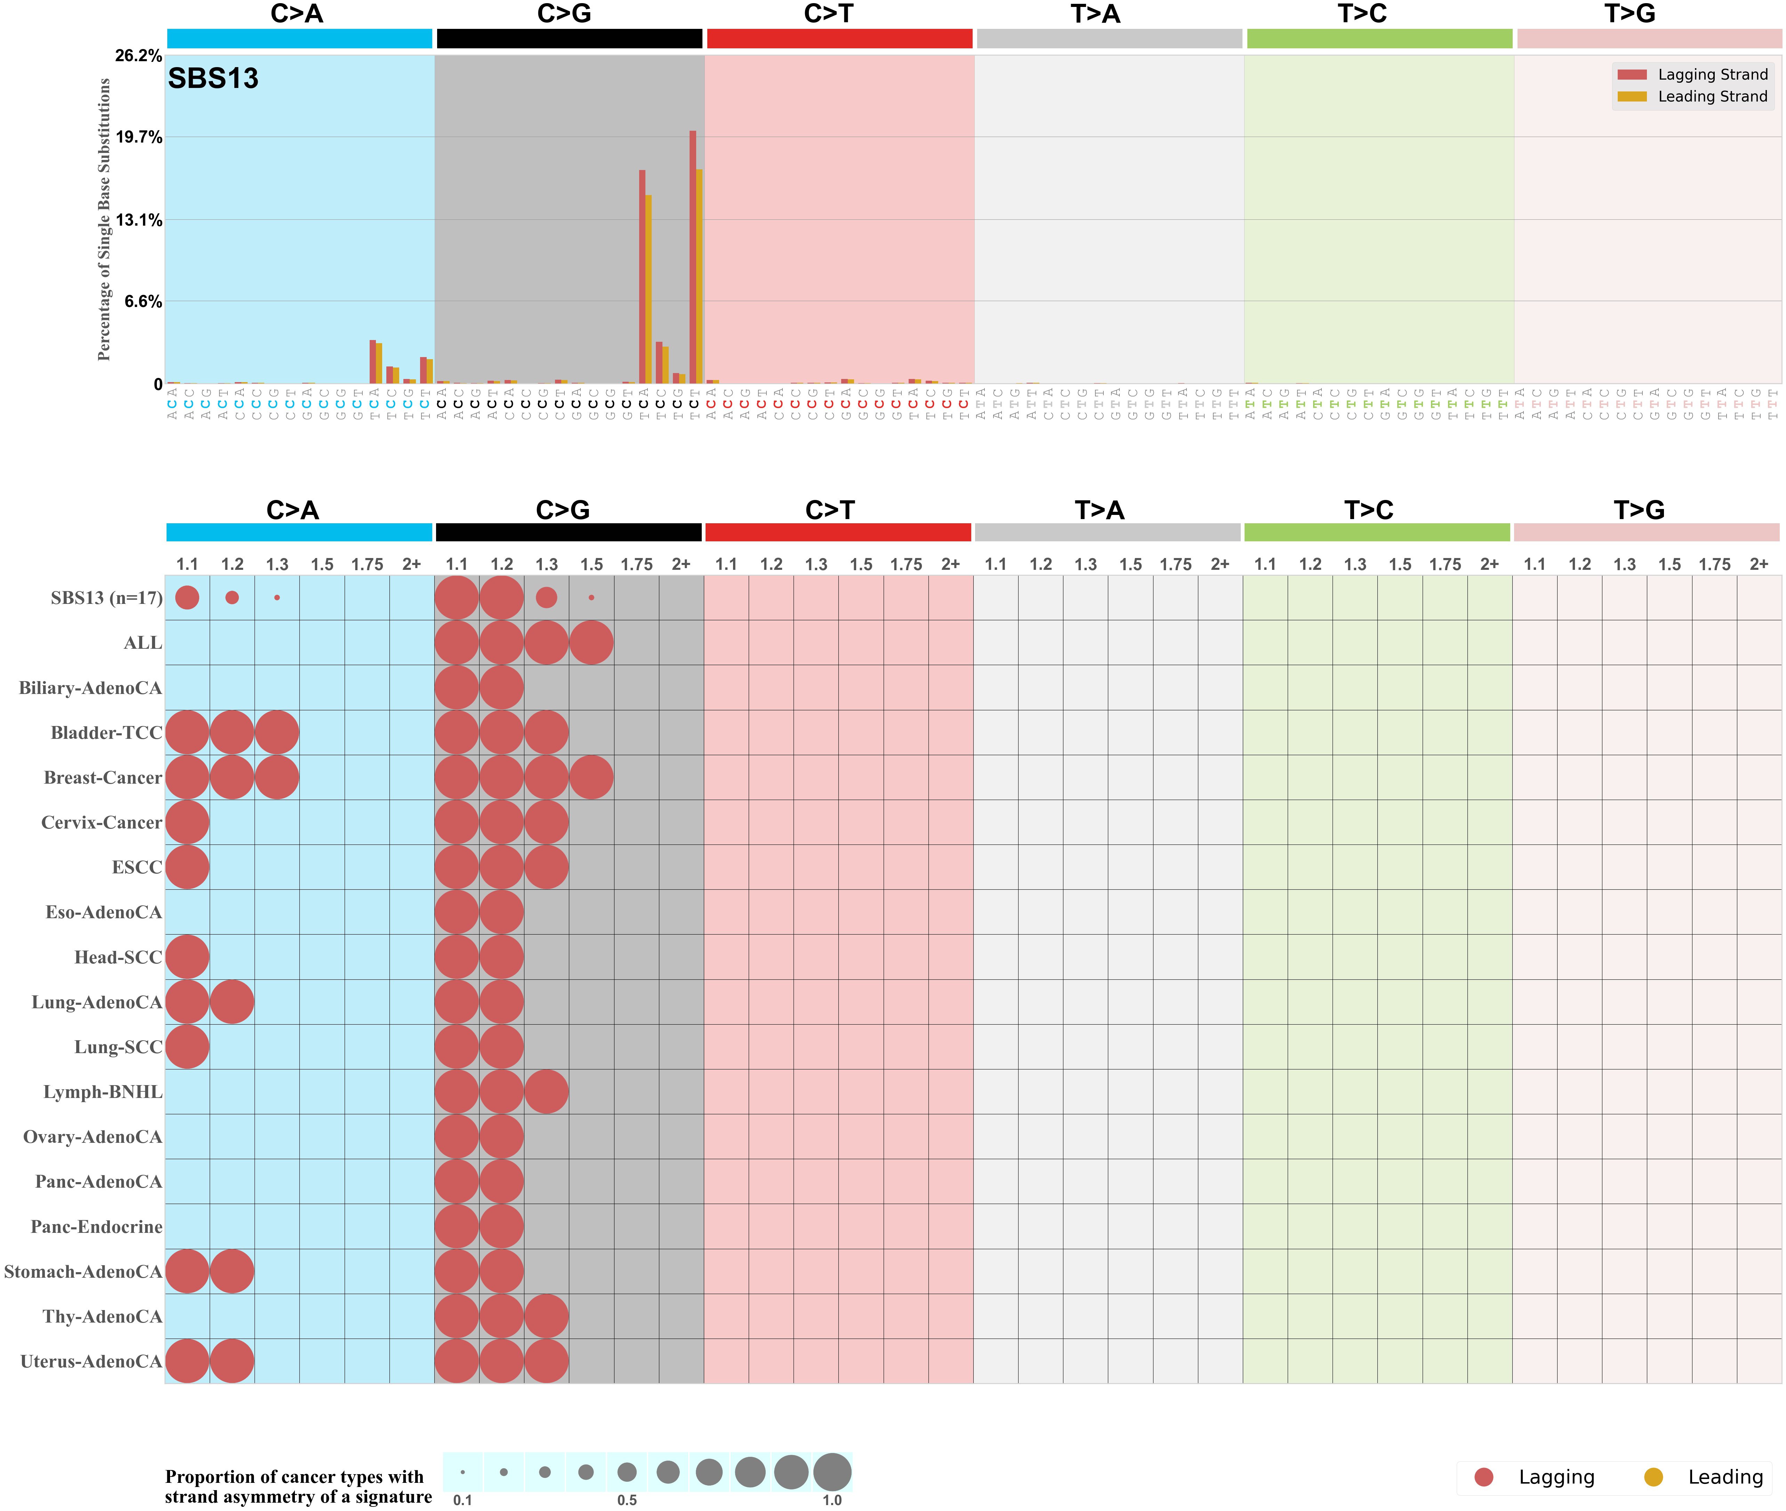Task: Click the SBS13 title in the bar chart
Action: (x=213, y=79)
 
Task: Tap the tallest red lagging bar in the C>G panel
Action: (x=692, y=257)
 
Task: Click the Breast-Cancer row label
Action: (x=103, y=778)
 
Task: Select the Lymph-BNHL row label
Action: (x=103, y=1092)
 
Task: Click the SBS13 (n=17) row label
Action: (x=106, y=598)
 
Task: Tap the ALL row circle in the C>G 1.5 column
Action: (x=591, y=643)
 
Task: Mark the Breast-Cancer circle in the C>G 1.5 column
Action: (x=591, y=778)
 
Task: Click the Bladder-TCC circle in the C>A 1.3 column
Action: (x=277, y=732)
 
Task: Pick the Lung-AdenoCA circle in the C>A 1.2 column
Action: (x=231, y=1002)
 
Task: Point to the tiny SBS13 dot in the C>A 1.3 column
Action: (x=277, y=598)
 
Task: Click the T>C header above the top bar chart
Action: (x=1362, y=14)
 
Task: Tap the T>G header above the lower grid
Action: (x=1639, y=510)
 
